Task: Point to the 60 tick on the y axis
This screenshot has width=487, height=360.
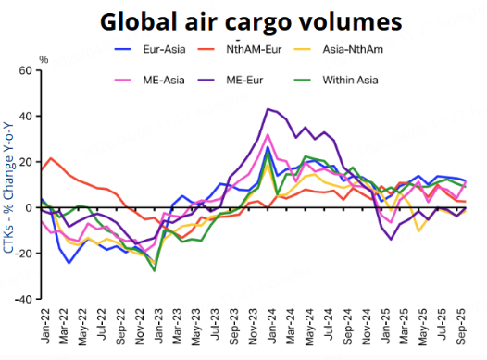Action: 25,70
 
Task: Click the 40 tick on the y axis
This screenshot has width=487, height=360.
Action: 25,117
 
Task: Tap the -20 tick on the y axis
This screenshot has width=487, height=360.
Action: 22,254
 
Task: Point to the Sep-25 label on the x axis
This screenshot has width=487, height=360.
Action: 459,324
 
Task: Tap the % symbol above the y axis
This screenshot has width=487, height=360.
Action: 44,60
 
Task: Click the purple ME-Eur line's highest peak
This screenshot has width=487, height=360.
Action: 268,109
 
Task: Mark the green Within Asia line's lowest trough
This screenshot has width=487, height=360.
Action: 154,270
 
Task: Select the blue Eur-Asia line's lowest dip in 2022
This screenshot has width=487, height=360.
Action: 69,263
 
